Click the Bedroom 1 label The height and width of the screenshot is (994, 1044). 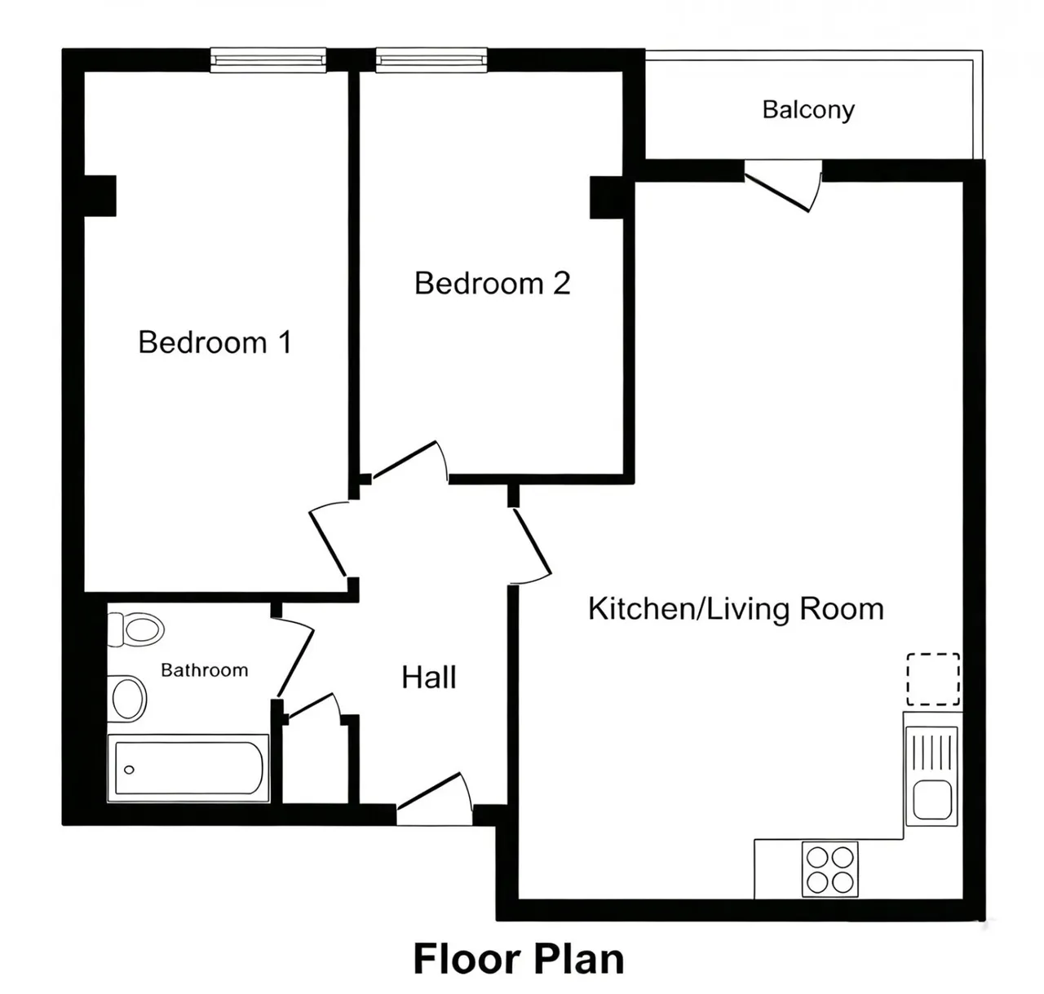click(215, 342)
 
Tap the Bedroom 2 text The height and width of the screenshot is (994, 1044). click(493, 283)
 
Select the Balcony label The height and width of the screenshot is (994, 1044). click(808, 110)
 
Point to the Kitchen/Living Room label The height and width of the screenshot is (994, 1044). click(736, 608)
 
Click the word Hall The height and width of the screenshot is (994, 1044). click(428, 677)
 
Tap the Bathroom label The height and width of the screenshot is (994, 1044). click(205, 670)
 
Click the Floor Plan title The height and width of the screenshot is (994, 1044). click(519, 959)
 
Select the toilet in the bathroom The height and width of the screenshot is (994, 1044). click(136, 630)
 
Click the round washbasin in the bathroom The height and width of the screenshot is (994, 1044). click(127, 699)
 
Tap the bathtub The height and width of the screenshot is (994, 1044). click(188, 768)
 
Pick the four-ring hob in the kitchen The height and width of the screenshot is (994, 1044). click(829, 869)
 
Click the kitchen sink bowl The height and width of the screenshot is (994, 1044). click(932, 799)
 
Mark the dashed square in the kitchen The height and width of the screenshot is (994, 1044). click(933, 679)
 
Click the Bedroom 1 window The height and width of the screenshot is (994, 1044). click(268, 60)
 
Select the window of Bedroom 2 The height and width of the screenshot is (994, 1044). click(431, 60)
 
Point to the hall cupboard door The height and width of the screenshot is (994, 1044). click(312, 707)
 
